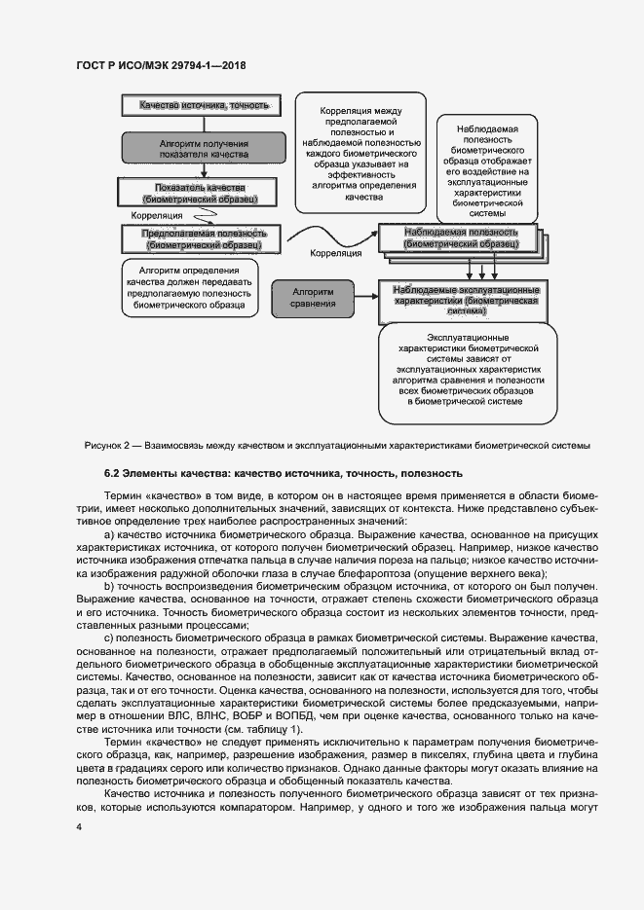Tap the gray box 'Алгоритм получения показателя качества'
click(x=198, y=148)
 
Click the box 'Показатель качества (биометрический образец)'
click(x=199, y=193)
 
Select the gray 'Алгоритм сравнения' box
click(x=313, y=297)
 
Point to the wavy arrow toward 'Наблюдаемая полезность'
click(x=331, y=235)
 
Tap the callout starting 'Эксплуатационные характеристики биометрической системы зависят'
click(x=463, y=373)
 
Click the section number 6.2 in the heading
click(x=113, y=474)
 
